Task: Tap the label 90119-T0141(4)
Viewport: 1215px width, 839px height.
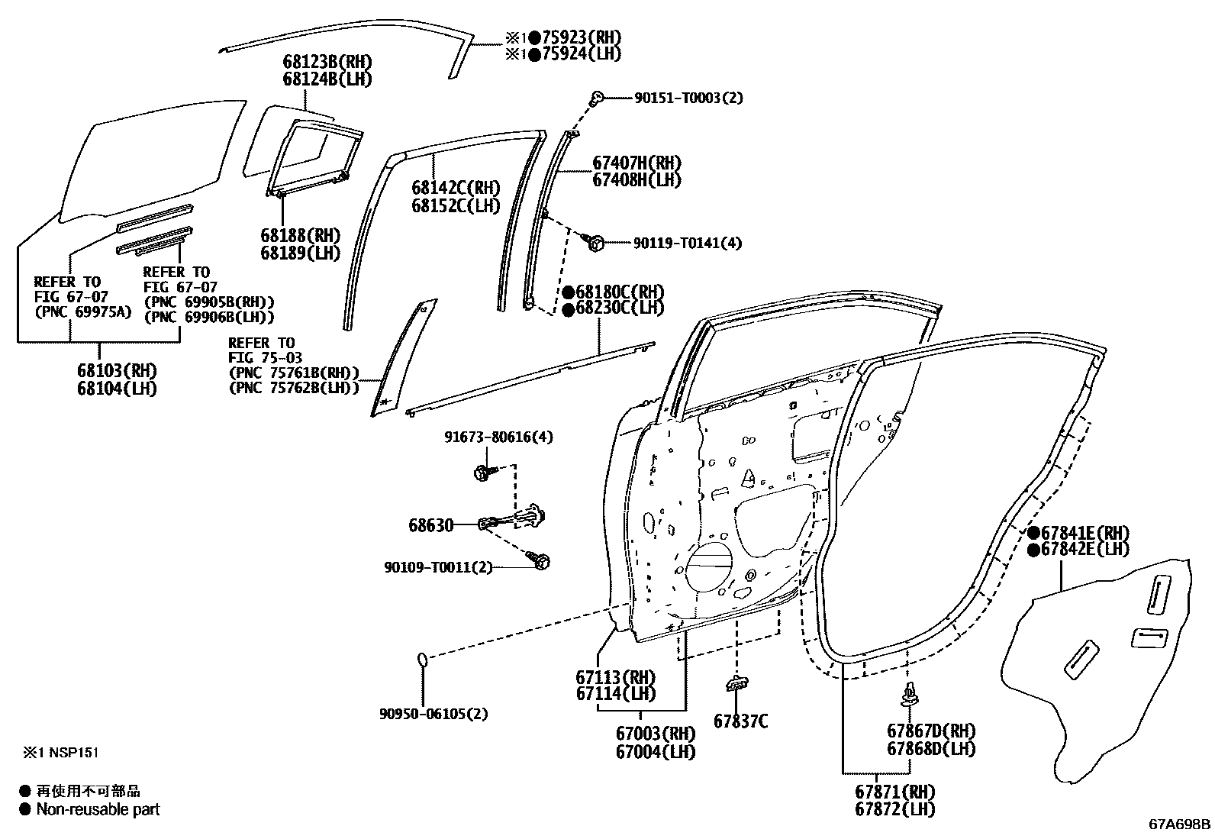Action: pos(687,243)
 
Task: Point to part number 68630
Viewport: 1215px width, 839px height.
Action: pos(430,525)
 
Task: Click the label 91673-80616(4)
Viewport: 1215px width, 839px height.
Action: pos(498,437)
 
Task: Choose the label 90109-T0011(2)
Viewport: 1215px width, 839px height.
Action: pos(438,567)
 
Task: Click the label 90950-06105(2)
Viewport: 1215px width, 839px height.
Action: pos(433,714)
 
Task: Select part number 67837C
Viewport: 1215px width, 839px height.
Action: pos(740,720)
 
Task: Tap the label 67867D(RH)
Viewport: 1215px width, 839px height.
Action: pos(931,731)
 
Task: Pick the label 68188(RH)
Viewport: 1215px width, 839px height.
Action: pos(300,235)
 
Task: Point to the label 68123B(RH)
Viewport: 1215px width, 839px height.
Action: pos(327,62)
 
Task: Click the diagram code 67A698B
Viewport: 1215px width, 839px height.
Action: pos(1180,824)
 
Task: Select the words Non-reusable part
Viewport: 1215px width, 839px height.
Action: pos(98,809)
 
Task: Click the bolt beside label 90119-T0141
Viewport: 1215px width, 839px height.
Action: pos(596,243)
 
